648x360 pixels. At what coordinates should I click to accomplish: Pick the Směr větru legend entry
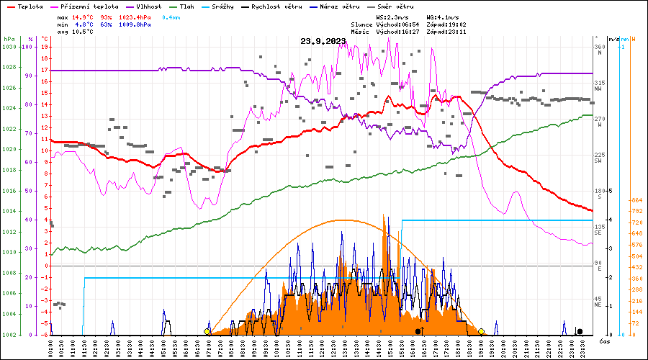pos(389,6)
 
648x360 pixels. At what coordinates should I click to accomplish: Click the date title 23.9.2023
pos(323,41)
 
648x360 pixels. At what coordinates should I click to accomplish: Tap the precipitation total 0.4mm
pos(171,17)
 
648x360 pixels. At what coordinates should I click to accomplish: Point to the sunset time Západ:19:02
pos(446,24)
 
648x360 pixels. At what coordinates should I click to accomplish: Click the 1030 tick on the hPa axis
pos(9,47)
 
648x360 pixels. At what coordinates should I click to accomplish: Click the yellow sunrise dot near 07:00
pos(207,331)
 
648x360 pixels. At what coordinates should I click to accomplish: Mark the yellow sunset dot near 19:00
pos(481,331)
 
